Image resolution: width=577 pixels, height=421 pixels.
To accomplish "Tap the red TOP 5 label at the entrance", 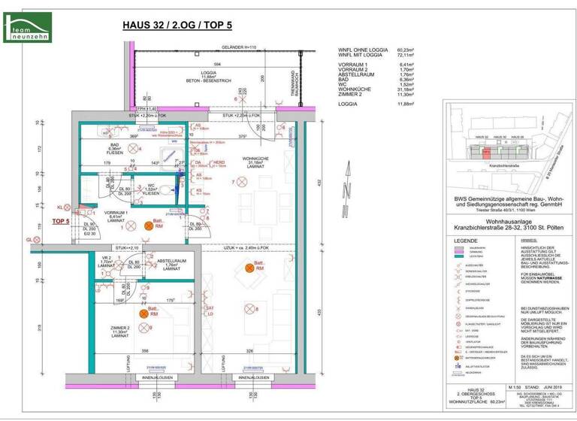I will pos(61,222).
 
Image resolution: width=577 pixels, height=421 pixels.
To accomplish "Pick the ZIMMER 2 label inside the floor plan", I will pos(119,331).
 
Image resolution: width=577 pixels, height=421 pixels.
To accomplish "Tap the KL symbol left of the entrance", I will pos(61,206).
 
